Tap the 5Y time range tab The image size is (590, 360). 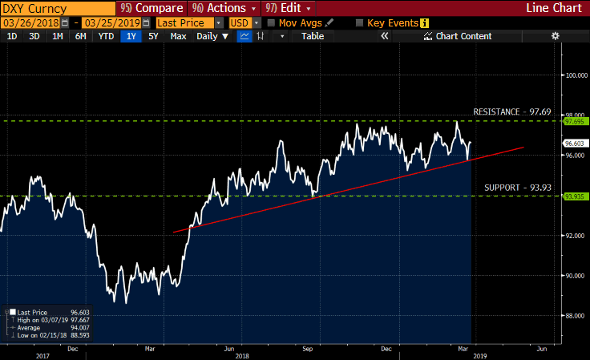click(x=153, y=36)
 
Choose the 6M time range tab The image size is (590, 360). click(x=80, y=36)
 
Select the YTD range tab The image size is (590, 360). click(x=106, y=36)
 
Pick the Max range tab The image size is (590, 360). click(x=178, y=36)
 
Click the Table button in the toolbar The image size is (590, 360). click(x=313, y=36)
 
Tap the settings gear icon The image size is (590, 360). click(x=555, y=36)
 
